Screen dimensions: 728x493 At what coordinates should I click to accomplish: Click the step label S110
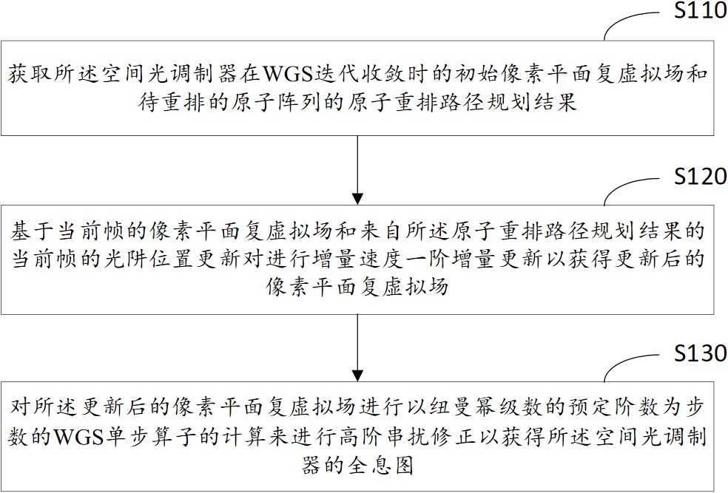click(x=701, y=10)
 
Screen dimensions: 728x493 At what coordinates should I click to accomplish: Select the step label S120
click(x=701, y=177)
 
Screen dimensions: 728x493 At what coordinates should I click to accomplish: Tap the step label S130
click(x=701, y=353)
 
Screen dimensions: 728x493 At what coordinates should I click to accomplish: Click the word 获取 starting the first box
click(x=30, y=74)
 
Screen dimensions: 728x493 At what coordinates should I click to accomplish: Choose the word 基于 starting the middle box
click(x=33, y=231)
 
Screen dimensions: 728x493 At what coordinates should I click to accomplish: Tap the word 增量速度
click(x=357, y=259)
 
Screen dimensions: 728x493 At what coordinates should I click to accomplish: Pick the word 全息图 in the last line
click(x=381, y=465)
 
